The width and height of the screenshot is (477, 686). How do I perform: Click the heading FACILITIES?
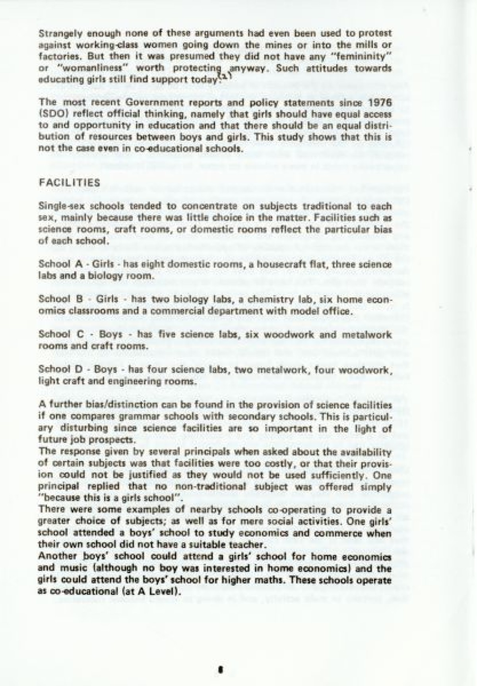[69, 183]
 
